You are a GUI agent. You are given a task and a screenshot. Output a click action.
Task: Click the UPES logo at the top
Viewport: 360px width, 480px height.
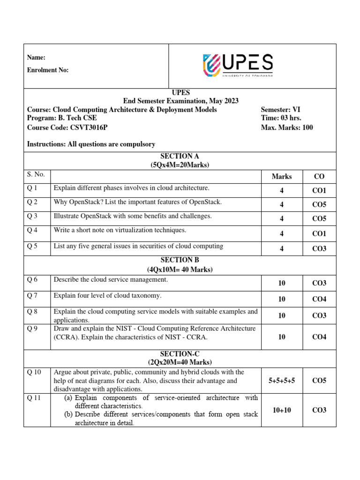pos(238,65)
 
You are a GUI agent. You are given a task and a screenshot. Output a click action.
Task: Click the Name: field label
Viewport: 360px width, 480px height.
pos(36,57)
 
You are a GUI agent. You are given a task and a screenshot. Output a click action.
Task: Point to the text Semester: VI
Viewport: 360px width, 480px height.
pos(280,109)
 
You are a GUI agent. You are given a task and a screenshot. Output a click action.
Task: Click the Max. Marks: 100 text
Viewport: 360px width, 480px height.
pos(286,127)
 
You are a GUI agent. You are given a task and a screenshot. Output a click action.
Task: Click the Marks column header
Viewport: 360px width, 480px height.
pos(282,176)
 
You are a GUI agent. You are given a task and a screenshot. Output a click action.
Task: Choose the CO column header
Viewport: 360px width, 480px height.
pos(319,176)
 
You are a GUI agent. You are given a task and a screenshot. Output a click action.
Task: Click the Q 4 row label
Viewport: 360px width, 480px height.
pos(32,230)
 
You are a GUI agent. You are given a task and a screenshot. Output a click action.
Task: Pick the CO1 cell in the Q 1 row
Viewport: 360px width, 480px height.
pos(319,191)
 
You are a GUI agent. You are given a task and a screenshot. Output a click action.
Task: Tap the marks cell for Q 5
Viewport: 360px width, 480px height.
pos(282,248)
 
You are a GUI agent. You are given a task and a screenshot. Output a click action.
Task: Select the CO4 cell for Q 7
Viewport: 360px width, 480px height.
pos(319,299)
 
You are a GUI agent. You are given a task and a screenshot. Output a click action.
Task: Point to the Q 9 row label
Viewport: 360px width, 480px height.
pos(32,329)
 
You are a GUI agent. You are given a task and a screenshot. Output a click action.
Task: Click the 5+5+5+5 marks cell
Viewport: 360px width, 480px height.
pos(282,381)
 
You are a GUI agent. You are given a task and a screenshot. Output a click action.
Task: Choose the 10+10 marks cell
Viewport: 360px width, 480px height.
pos(282,410)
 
